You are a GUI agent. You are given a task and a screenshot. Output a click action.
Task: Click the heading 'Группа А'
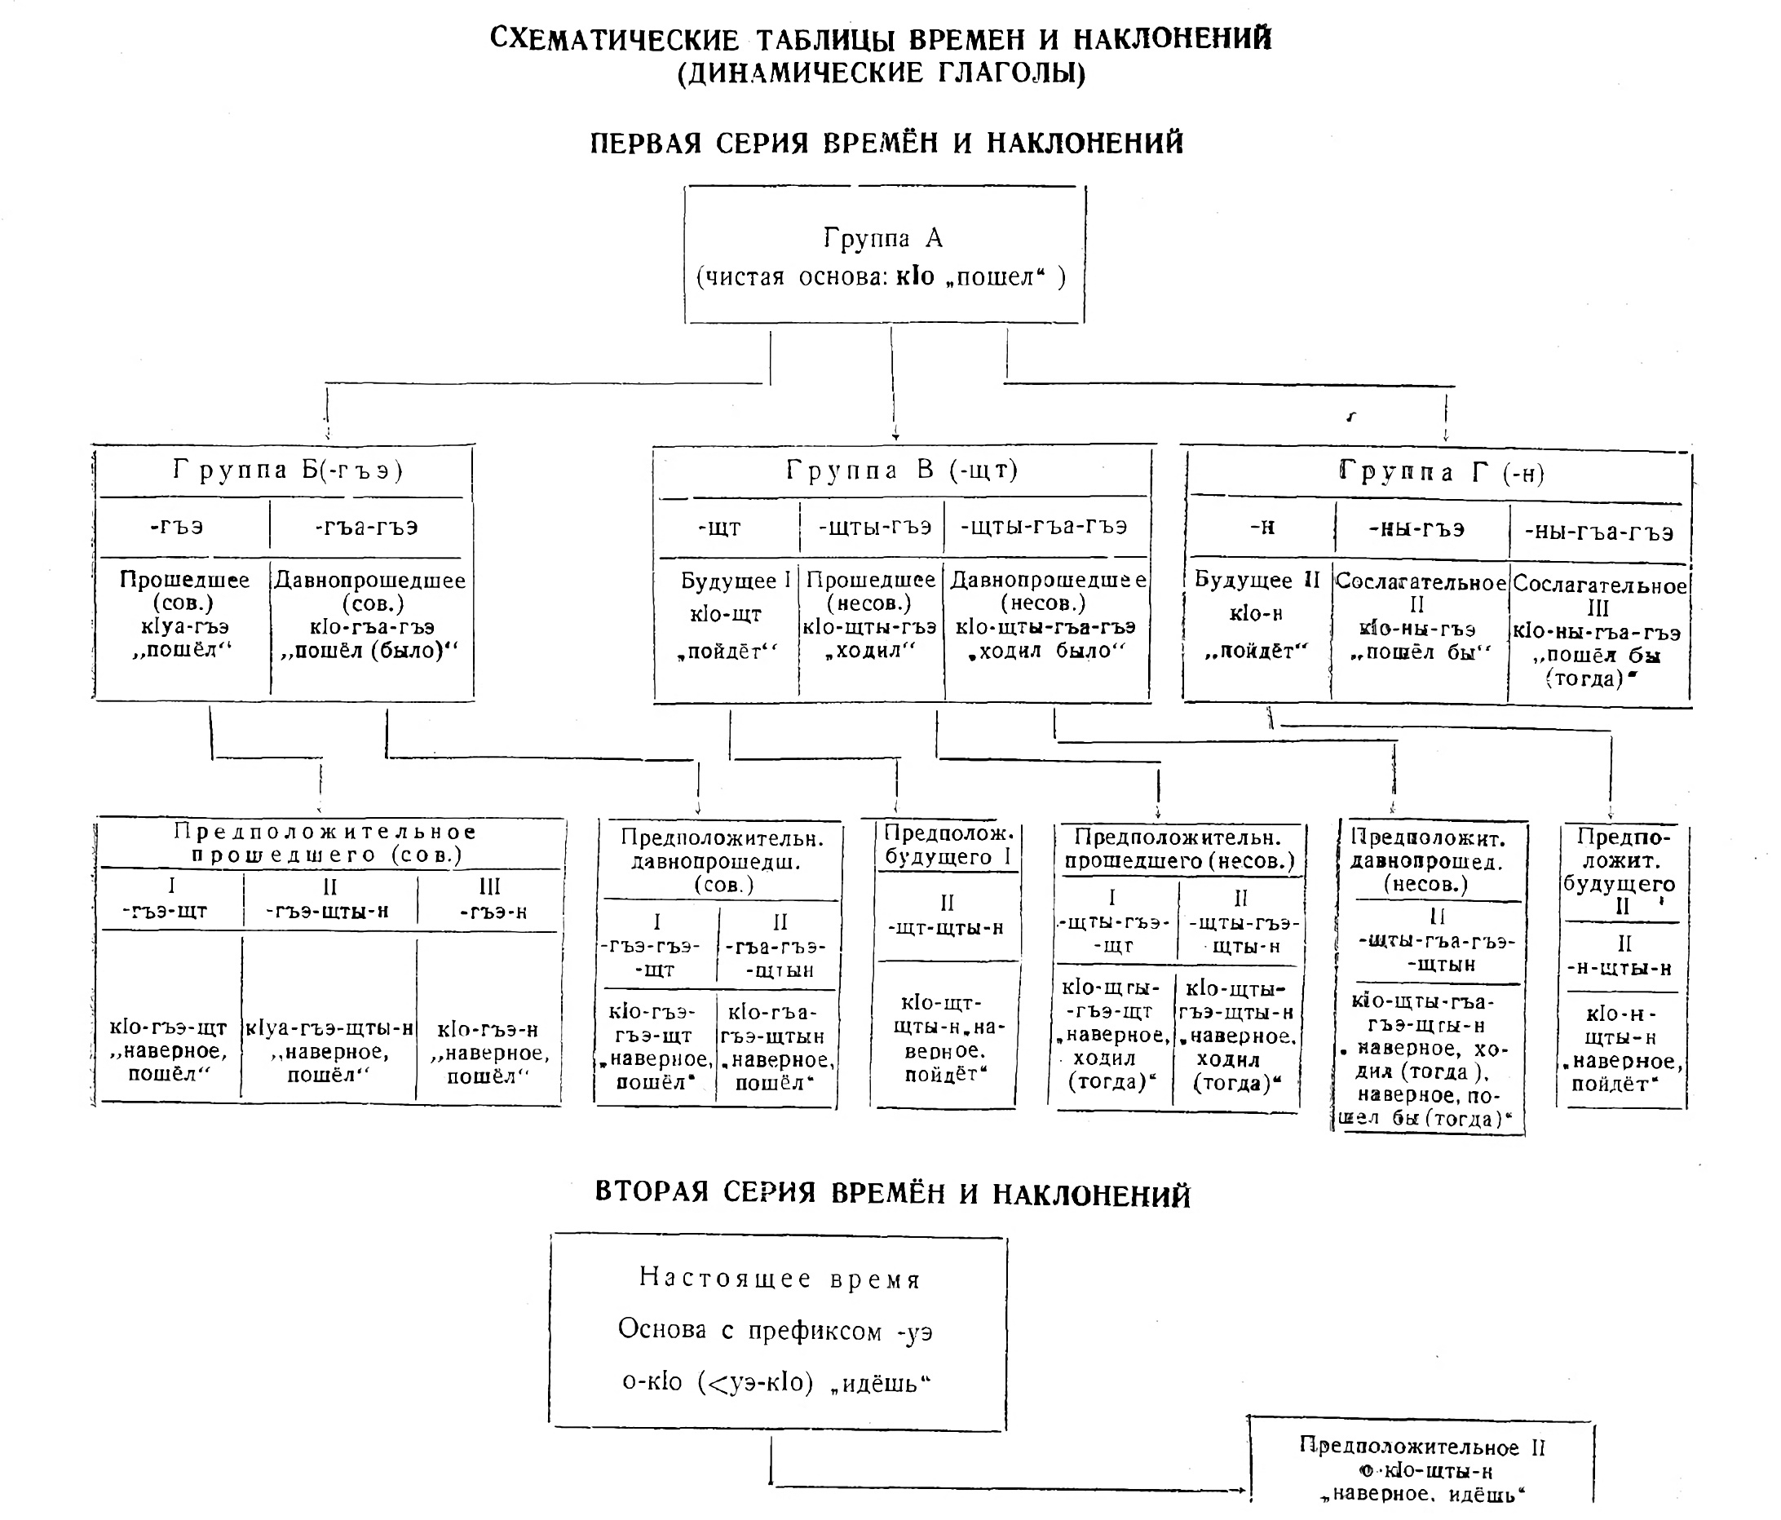pyautogui.click(x=884, y=237)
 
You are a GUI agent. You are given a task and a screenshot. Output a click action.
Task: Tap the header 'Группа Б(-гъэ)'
pyautogui.click(x=288, y=471)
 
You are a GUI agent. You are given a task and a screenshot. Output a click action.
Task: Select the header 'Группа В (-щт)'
pyautogui.click(x=902, y=471)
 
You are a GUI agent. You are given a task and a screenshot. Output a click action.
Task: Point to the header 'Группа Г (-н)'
pyautogui.click(x=1442, y=472)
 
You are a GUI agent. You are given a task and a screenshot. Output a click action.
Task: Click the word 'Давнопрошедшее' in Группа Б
pyautogui.click(x=370, y=581)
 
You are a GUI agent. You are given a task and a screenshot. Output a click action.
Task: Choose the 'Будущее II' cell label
pyautogui.click(x=1257, y=580)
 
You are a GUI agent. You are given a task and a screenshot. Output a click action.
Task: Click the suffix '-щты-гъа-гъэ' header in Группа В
pyautogui.click(x=1044, y=526)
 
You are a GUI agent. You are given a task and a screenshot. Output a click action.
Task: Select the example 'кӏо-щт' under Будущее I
pyautogui.click(x=726, y=614)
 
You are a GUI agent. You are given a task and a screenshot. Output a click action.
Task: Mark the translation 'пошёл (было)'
pyautogui.click(x=369, y=651)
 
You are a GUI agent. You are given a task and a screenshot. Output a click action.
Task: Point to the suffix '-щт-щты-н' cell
pyautogui.click(x=945, y=928)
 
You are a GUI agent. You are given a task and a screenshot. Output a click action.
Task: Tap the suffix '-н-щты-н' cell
pyautogui.click(x=1620, y=968)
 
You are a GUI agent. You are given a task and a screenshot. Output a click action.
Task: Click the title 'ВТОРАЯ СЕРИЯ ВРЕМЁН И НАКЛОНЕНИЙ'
pyautogui.click(x=892, y=1194)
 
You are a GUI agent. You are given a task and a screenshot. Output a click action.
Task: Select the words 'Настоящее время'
pyautogui.click(x=779, y=1279)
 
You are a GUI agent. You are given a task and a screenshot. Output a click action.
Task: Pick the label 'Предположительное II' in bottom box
pyautogui.click(x=1421, y=1447)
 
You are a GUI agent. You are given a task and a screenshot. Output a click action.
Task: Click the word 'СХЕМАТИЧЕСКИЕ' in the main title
pyautogui.click(x=615, y=39)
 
